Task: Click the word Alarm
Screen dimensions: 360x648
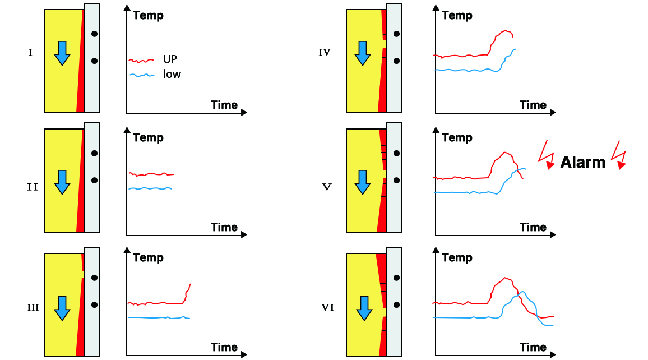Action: [x=583, y=163]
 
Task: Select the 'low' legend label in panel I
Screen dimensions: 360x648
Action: [x=172, y=74]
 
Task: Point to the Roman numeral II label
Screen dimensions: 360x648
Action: [x=33, y=187]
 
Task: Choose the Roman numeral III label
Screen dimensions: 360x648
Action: [x=33, y=308]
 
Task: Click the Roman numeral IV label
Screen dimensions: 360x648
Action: [x=324, y=53]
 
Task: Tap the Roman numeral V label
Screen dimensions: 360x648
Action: [x=324, y=187]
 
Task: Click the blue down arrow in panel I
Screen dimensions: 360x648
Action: [x=62, y=53]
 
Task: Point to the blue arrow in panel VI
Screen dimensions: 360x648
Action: [x=364, y=307]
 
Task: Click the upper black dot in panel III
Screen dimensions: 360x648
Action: [x=95, y=277]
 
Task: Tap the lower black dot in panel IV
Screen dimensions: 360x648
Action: [x=396, y=61]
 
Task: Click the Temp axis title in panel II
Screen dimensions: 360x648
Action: [x=148, y=138]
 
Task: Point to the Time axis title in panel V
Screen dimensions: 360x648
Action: [x=533, y=227]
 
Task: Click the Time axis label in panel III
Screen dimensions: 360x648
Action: [x=224, y=347]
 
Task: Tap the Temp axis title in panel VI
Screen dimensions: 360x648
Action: [x=457, y=258]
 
